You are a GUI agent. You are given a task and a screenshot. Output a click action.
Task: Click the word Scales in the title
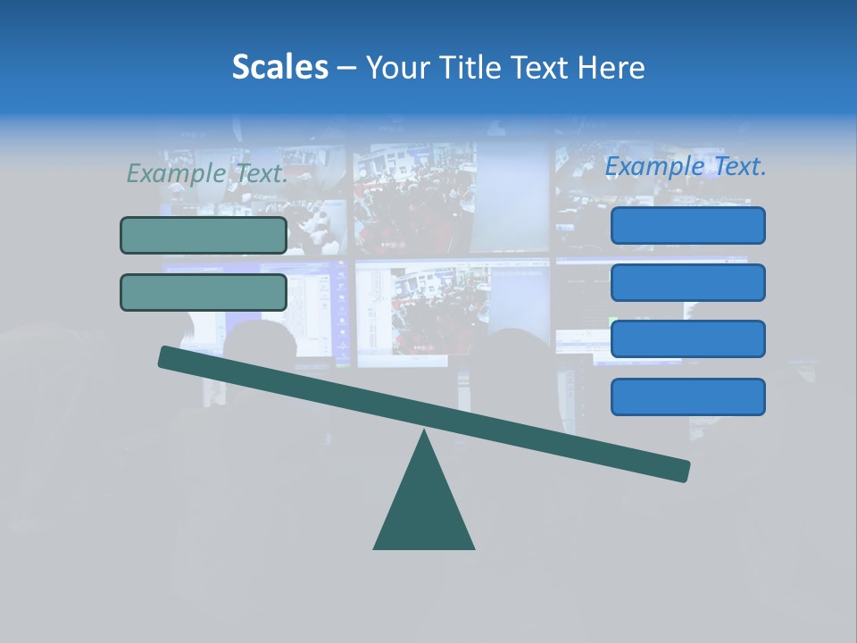point(279,67)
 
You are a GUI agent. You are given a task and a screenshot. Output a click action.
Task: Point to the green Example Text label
point(207,173)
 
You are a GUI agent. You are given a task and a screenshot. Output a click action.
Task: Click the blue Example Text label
point(686,166)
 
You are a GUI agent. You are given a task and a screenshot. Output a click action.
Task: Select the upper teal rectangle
point(204,235)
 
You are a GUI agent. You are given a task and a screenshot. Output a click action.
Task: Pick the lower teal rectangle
point(204,292)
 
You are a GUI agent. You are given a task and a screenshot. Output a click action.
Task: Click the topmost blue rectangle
point(687,225)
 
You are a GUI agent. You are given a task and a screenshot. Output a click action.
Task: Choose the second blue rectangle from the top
point(687,282)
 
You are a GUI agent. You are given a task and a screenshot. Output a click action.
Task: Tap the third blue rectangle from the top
point(687,338)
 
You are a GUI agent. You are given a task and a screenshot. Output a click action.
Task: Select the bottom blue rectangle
point(687,397)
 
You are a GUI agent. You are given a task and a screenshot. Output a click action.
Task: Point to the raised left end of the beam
point(168,357)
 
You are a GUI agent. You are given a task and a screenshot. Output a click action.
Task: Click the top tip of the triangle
point(424,433)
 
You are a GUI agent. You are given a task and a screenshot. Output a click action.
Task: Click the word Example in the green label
point(176,173)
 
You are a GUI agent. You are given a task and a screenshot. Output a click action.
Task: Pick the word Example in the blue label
point(655,166)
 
